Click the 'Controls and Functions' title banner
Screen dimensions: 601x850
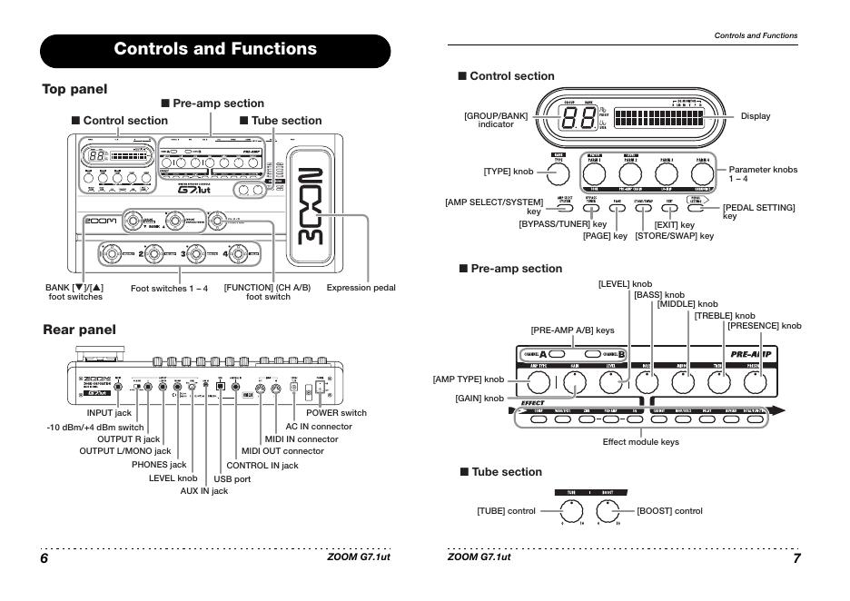(215, 49)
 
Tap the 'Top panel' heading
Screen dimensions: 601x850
(74, 89)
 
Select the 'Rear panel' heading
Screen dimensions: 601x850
(79, 330)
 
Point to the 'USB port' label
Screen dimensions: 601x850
(232, 478)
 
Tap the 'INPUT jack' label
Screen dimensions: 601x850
(109, 412)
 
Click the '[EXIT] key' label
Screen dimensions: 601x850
(674, 224)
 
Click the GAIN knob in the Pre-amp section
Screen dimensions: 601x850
(574, 382)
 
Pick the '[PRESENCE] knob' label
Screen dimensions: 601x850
(764, 325)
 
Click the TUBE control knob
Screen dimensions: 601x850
(571, 511)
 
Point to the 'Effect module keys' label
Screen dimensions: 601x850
(641, 441)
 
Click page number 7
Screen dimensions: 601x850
(796, 557)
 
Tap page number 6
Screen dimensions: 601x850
(44, 557)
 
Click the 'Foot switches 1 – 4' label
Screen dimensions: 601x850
(169, 288)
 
